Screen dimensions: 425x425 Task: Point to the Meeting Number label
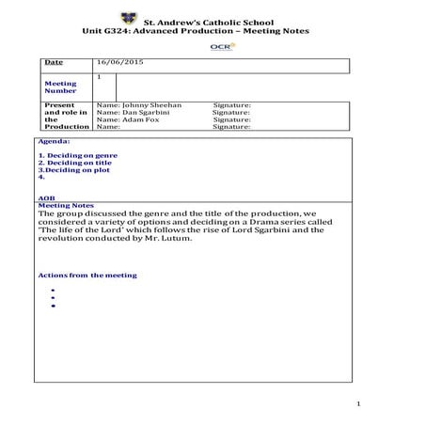click(x=60, y=87)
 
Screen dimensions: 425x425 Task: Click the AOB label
click(x=46, y=197)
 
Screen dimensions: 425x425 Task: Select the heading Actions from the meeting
click(x=87, y=275)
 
